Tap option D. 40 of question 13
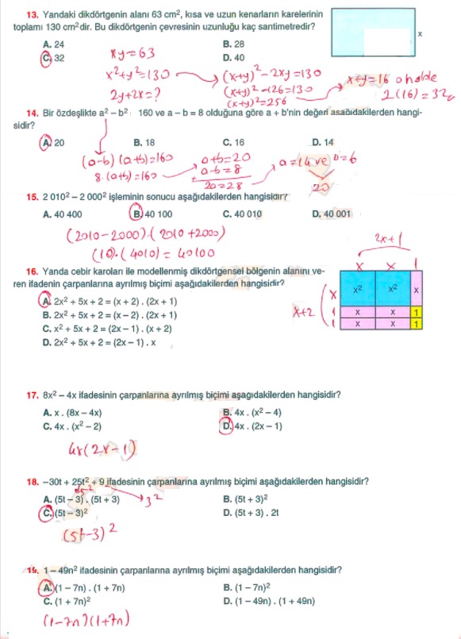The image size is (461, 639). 234,58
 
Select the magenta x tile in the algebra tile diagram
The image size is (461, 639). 417,291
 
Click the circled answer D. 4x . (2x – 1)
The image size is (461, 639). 252,426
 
